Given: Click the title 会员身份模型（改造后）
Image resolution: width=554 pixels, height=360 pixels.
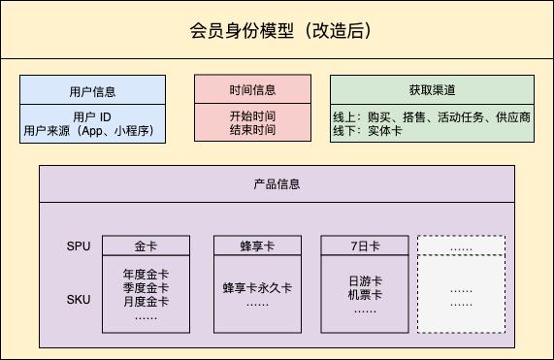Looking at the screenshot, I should tap(277, 31).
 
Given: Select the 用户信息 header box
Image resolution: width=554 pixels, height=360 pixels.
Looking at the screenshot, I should tap(93, 91).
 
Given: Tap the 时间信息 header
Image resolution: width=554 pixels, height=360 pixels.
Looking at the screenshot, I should tap(252, 90).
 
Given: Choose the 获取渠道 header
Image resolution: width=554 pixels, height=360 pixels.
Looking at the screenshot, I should tap(428, 90).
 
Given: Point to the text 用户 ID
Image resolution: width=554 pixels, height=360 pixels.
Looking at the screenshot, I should tap(93, 116).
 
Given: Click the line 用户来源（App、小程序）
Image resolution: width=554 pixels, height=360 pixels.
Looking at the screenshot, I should tap(93, 131).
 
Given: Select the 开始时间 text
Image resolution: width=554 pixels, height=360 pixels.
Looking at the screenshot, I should tap(252, 115).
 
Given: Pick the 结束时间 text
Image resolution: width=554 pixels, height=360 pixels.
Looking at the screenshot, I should tap(252, 130).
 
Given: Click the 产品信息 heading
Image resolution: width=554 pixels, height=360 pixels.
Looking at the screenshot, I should tap(277, 183).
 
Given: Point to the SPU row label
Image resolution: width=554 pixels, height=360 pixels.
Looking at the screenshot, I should tap(79, 245).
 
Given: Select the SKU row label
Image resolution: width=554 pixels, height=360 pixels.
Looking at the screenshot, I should tap(79, 299).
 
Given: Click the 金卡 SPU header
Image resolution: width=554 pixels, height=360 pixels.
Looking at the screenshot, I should tap(147, 245).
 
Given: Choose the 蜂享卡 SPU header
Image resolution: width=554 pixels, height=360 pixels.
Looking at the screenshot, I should tap(256, 245).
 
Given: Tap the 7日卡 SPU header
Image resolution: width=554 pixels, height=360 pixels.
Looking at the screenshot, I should tap(365, 245).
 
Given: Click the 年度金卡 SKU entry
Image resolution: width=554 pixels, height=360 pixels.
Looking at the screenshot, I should tap(147, 275).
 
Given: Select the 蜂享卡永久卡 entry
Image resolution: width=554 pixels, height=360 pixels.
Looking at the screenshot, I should tap(256, 288).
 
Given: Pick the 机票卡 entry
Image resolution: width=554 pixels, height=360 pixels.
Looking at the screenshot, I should tap(365, 295).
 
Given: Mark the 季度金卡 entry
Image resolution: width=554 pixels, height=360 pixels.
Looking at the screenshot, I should tap(147, 288).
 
